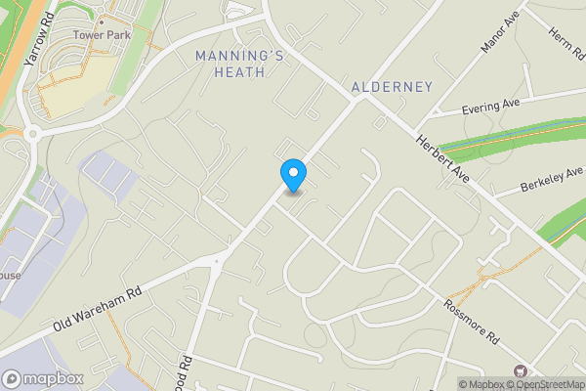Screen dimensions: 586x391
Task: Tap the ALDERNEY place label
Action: coord(391,87)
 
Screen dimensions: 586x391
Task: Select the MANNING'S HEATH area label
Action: coord(240,65)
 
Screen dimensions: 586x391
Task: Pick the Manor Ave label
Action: coord(498,34)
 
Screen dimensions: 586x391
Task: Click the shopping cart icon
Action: coord(520,370)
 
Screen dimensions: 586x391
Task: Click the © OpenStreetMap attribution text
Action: coord(548,384)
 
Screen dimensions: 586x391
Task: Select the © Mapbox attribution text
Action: coord(484,384)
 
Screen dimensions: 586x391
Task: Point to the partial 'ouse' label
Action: coord(10,276)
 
